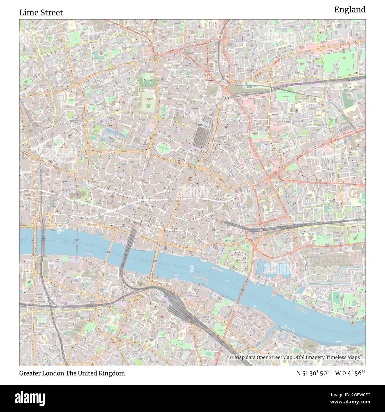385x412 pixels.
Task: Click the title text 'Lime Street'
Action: tap(41, 13)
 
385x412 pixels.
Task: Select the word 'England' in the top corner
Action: tap(350, 10)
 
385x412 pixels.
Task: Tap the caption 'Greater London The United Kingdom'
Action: tap(72, 373)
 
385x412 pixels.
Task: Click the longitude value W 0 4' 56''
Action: tap(350, 373)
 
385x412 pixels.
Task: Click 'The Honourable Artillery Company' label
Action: tap(148, 102)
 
